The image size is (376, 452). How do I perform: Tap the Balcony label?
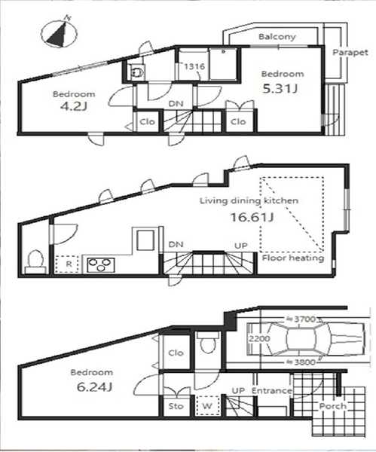(x=277, y=37)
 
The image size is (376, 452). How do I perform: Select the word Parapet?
(x=350, y=53)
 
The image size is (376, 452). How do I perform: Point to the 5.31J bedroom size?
(x=280, y=89)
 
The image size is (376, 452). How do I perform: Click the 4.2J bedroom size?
(x=74, y=106)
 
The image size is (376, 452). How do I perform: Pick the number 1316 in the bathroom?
(x=194, y=66)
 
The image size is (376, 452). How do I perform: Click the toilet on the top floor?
(x=137, y=72)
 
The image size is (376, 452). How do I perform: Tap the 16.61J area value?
(x=252, y=217)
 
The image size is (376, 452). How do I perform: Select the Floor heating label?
(x=293, y=258)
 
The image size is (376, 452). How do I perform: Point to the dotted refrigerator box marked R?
(x=68, y=264)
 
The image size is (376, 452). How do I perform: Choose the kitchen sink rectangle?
(x=145, y=240)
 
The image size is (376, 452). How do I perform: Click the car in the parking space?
(x=306, y=339)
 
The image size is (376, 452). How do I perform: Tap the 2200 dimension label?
(x=259, y=338)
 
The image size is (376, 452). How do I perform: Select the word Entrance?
(x=271, y=391)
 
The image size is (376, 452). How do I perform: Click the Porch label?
(x=333, y=407)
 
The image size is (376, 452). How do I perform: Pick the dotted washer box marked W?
(x=207, y=406)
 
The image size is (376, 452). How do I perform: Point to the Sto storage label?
(x=176, y=406)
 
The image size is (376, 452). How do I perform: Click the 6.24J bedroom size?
(x=94, y=387)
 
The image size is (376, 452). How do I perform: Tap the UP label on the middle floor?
(x=241, y=246)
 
